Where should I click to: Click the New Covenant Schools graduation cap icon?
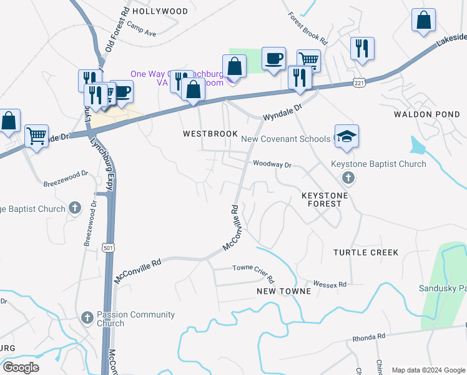tap(347, 137)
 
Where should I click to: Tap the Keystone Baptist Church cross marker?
tap(348, 179)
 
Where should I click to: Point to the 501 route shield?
tap(109, 247)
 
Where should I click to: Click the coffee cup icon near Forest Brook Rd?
tap(273, 59)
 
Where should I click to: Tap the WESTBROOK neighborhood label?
tap(210, 134)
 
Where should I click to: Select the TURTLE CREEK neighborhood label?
tap(365, 252)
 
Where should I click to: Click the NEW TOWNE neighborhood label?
tap(283, 291)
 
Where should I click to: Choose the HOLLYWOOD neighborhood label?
tap(160, 11)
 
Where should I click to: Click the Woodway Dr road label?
tap(272, 164)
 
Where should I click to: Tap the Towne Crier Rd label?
tap(253, 268)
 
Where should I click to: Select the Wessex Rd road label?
tap(330, 284)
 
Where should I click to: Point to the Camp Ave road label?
tap(141, 29)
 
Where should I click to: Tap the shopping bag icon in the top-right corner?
tap(423, 20)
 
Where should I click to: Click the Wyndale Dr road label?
tap(282, 112)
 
